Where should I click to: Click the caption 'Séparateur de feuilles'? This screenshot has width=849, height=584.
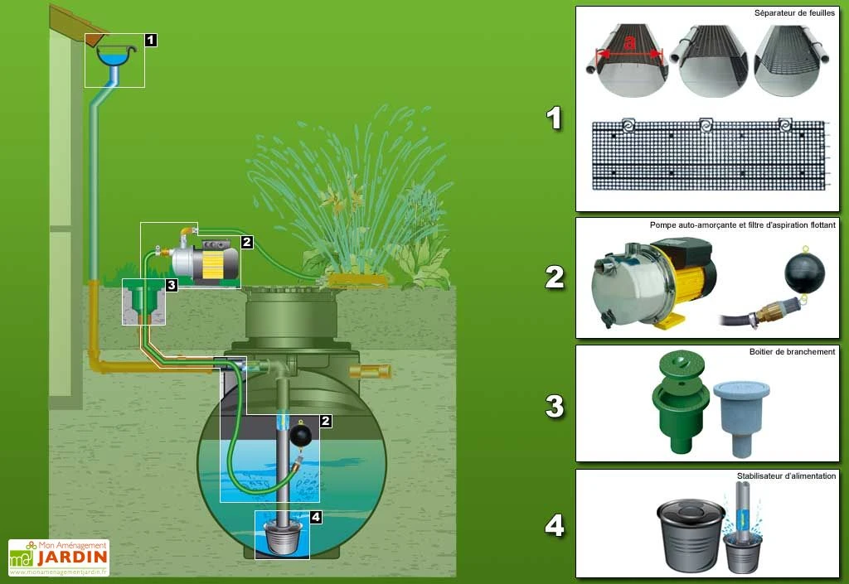click(x=794, y=14)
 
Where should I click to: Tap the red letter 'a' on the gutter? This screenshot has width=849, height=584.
click(x=630, y=41)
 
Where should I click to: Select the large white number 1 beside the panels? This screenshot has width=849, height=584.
click(x=555, y=118)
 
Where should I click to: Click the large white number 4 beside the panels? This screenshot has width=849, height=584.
click(x=555, y=525)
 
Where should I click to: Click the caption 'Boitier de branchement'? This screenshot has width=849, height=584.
click(x=792, y=351)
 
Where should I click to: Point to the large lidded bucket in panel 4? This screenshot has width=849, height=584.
click(x=690, y=533)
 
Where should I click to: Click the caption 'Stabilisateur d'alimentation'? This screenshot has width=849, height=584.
click(x=786, y=475)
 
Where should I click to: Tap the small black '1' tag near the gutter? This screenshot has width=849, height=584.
click(x=150, y=39)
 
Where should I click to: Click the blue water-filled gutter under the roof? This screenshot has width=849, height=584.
click(x=117, y=56)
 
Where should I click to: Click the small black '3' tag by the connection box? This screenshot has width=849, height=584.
click(x=171, y=286)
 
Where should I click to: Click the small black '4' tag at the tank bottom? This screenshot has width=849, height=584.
click(x=315, y=517)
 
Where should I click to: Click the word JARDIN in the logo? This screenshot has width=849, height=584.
click(x=71, y=557)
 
